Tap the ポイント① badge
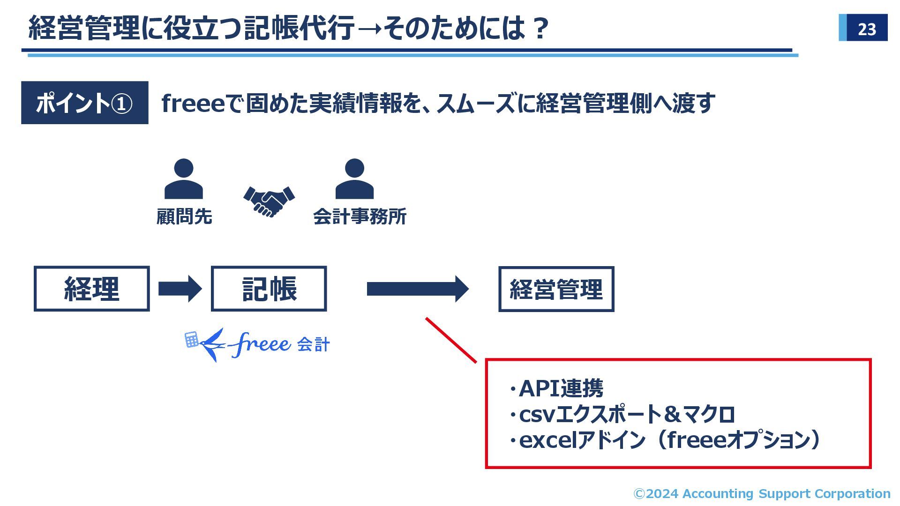coord(84,103)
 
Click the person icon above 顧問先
coord(183,179)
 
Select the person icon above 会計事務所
coord(354,179)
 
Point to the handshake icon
coord(269,201)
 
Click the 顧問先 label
coord(184,217)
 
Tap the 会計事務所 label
coord(360,217)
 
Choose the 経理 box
coord(92,289)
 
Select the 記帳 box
coord(269,289)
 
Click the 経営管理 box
coord(556,289)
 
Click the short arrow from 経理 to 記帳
coord(180,289)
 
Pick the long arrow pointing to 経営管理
coord(417,289)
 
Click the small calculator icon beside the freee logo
coord(191,340)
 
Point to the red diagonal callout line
coord(451,340)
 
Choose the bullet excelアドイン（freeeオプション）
coord(666,440)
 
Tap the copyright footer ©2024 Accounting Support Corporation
coord(762,493)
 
